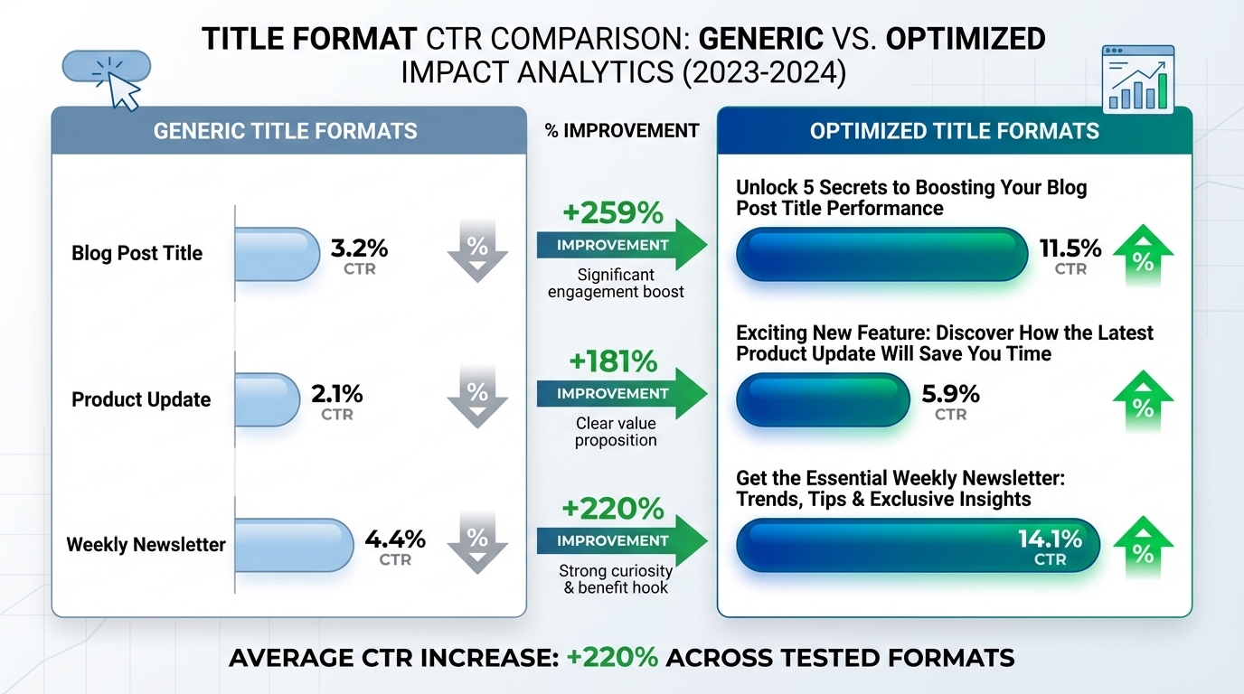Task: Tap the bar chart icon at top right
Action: click(x=1138, y=80)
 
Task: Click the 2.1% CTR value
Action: click(x=336, y=394)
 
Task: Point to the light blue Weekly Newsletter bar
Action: click(x=295, y=544)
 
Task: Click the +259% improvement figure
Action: click(x=613, y=214)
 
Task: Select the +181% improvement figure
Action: click(x=613, y=362)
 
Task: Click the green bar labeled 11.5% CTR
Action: click(x=881, y=254)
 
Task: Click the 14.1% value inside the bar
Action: click(x=1050, y=539)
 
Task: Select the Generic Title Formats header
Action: click(x=286, y=131)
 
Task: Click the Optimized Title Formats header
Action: click(x=954, y=131)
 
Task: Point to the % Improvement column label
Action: click(x=621, y=131)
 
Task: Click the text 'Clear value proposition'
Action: click(x=616, y=431)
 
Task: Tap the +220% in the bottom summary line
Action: click(x=612, y=657)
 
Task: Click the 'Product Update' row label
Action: click(x=141, y=399)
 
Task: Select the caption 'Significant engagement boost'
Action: click(x=616, y=283)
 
